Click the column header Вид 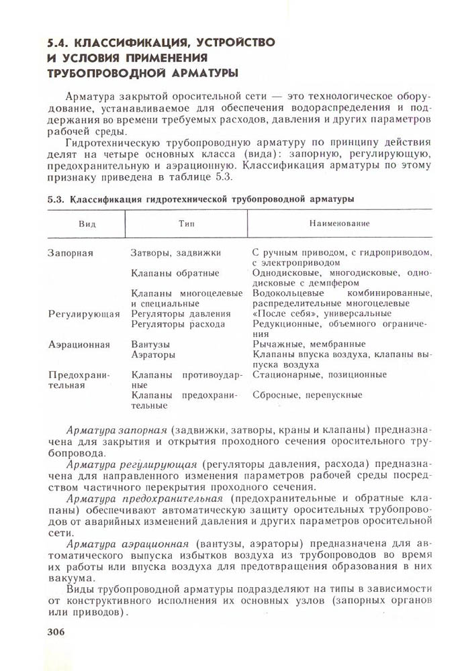pos(86,223)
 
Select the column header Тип pos(186,223)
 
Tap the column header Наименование pos(340,223)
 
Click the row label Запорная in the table pos(70,253)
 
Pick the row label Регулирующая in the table pos(84,313)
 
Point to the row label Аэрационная pos(79,344)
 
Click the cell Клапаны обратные pos(175,273)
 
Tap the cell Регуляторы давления pos(181,313)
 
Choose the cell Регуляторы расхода pos(179,323)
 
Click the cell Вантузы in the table pos(151,344)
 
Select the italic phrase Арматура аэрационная pos(128,542)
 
